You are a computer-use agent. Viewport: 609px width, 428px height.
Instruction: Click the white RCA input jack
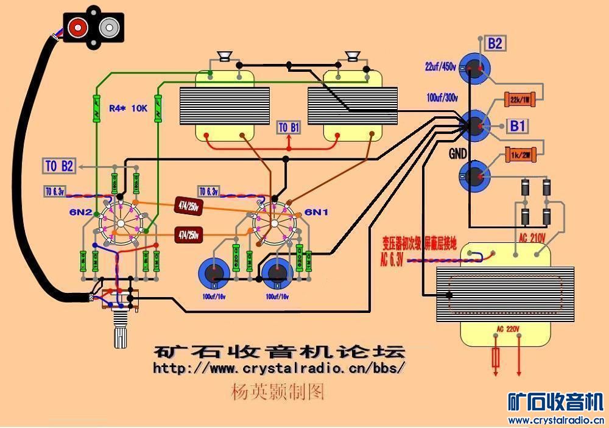pos(110,27)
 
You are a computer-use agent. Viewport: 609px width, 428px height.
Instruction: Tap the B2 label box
pos(494,44)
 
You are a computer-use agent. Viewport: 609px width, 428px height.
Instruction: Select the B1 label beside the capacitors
pos(518,126)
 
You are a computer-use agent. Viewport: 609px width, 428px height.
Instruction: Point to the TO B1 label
pos(289,128)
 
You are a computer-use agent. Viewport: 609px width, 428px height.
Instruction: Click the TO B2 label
pos(60,166)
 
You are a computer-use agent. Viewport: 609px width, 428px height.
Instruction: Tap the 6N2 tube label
pos(80,212)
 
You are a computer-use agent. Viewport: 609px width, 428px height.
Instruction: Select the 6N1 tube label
pos(317,212)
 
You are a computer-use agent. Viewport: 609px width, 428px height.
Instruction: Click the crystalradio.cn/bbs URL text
pos(279,368)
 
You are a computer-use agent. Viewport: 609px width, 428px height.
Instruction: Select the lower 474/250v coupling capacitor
pos(189,234)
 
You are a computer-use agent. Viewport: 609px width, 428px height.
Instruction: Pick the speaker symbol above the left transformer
pos(225,57)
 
